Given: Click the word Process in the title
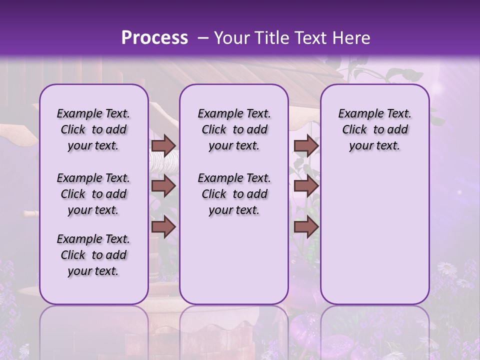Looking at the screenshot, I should (x=154, y=38).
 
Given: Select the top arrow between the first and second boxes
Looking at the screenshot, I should (x=163, y=145).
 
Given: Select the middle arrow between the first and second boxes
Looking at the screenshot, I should (x=163, y=186).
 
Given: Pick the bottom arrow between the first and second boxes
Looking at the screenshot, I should (x=163, y=227).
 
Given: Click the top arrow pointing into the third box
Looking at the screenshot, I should (x=306, y=145).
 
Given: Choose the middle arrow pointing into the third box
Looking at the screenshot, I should (x=306, y=186).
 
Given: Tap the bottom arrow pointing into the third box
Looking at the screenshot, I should (x=306, y=227).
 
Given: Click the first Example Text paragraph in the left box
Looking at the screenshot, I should (x=93, y=129).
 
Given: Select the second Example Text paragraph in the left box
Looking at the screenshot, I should (x=93, y=194).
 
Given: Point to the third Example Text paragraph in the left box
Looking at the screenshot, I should (x=93, y=255).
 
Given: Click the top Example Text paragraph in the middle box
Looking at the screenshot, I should (x=234, y=129).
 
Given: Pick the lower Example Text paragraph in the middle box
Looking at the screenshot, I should (x=234, y=194).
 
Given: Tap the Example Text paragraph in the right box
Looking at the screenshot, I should (x=374, y=129).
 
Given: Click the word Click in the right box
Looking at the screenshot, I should (x=354, y=130).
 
